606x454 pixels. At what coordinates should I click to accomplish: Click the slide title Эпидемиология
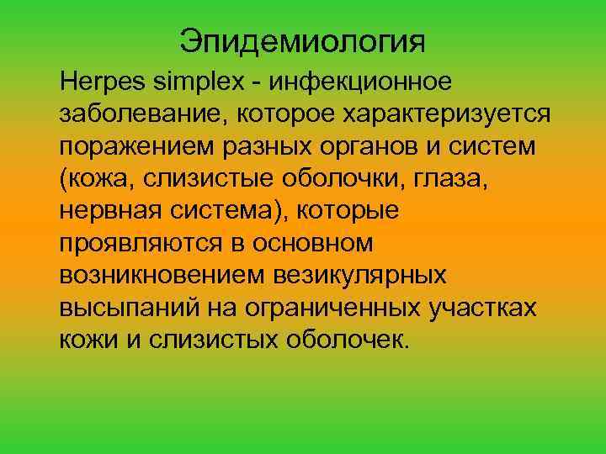click(x=303, y=40)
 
